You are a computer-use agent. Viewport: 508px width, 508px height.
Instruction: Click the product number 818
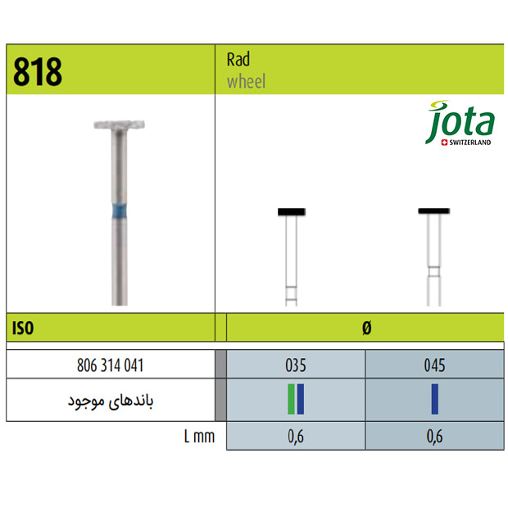[38, 71]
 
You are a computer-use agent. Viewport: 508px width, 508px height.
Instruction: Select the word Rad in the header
[238, 59]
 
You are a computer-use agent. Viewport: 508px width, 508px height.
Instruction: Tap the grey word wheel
[247, 81]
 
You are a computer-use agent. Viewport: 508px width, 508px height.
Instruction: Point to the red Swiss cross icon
[444, 143]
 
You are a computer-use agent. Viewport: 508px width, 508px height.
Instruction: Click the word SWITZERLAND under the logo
[469, 143]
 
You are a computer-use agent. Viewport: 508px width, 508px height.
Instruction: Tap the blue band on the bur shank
[120, 210]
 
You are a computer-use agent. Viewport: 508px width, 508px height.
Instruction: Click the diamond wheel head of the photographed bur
[120, 125]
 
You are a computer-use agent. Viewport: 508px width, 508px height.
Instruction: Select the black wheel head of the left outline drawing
[292, 212]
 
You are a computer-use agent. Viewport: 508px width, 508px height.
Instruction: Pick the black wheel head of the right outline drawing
[433, 211]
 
